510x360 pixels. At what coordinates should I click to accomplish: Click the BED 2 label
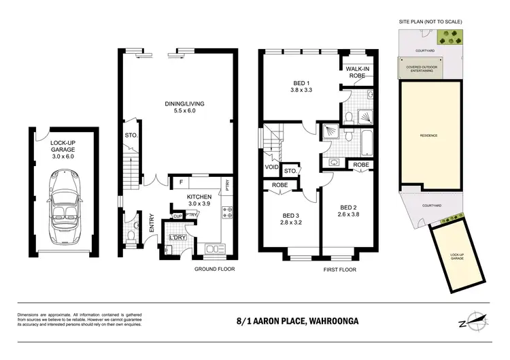[349, 211]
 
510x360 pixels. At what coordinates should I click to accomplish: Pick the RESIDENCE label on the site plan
[428, 135]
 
